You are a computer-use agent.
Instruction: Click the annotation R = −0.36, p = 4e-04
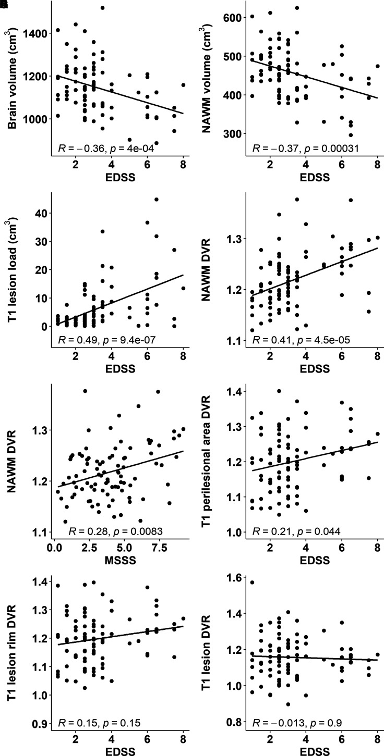click(x=107, y=150)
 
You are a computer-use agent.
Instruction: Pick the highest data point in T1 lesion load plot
click(x=157, y=199)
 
